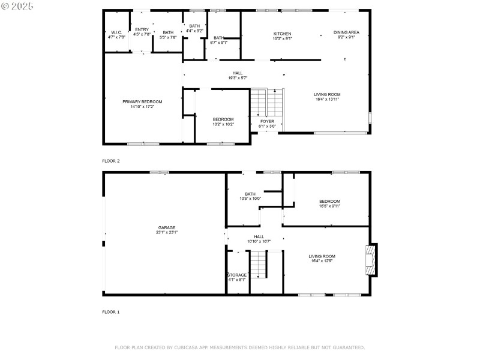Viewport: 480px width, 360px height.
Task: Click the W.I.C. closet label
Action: [115, 32]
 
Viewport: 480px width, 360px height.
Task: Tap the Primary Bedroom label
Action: [142, 101]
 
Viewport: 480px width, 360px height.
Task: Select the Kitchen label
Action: [282, 34]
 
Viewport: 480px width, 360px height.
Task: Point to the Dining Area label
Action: [346, 32]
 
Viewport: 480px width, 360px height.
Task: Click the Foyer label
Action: [267, 121]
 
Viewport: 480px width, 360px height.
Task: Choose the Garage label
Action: [167, 227]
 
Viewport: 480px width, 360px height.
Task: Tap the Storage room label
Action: [236, 275]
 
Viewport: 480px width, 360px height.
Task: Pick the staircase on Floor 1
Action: [258, 265]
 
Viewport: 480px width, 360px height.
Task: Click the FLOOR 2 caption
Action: [111, 161]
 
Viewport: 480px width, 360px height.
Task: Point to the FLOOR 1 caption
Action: [111, 312]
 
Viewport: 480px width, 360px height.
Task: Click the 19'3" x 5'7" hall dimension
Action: [238, 78]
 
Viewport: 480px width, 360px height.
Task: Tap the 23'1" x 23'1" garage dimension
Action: [167, 232]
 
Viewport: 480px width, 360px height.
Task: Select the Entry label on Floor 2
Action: [142, 29]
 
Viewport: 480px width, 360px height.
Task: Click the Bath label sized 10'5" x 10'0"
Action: [250, 194]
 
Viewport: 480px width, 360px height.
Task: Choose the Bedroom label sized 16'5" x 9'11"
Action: [329, 201]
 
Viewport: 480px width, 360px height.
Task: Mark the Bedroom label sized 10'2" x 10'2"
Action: [223, 119]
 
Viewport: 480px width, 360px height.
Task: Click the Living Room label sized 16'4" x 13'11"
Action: [327, 94]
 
